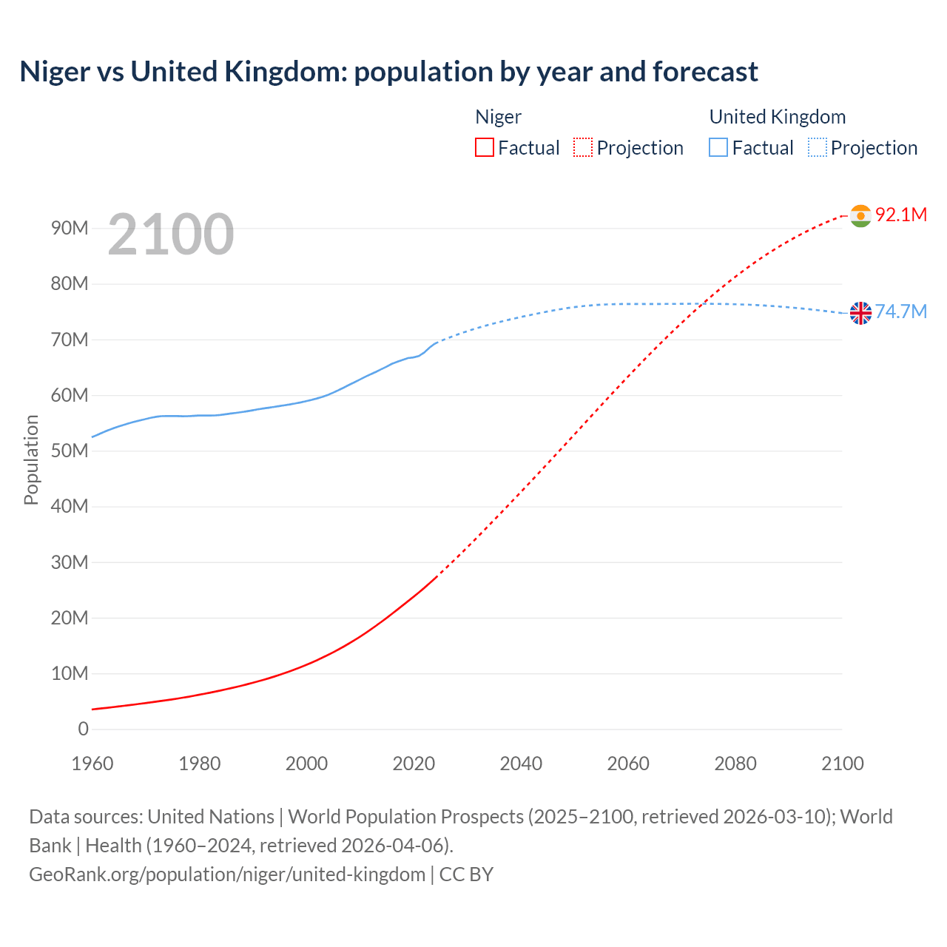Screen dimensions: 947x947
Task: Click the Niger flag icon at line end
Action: click(860, 215)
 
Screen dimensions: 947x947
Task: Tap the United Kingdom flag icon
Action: click(860, 313)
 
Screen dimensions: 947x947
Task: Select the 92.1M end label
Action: click(900, 215)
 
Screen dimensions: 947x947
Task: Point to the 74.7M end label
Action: click(900, 312)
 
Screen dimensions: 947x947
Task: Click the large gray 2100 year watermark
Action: click(171, 235)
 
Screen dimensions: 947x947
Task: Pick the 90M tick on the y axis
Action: click(70, 229)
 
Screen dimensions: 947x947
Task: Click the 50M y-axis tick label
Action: click(70, 451)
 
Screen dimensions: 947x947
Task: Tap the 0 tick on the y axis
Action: click(83, 729)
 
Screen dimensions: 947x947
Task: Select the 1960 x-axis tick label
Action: click(92, 764)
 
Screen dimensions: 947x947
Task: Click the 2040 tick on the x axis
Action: click(521, 764)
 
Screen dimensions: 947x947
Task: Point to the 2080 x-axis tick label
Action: click(735, 764)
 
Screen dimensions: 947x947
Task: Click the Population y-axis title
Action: click(31, 459)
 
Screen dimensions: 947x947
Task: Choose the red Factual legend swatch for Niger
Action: click(485, 148)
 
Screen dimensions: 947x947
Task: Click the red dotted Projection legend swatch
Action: click(583, 148)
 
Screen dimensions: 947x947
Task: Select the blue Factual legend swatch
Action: click(718, 148)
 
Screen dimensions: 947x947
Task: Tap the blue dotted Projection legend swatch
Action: click(818, 148)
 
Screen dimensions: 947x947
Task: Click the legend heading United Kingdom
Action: click(777, 117)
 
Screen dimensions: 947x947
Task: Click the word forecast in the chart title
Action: click(705, 72)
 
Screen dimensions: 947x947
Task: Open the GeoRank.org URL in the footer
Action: click(227, 874)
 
